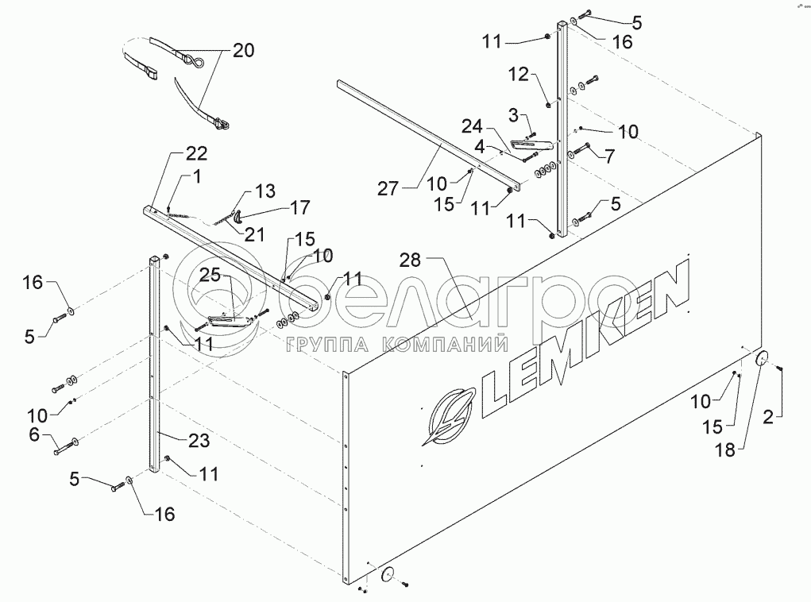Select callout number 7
click(608, 156)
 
